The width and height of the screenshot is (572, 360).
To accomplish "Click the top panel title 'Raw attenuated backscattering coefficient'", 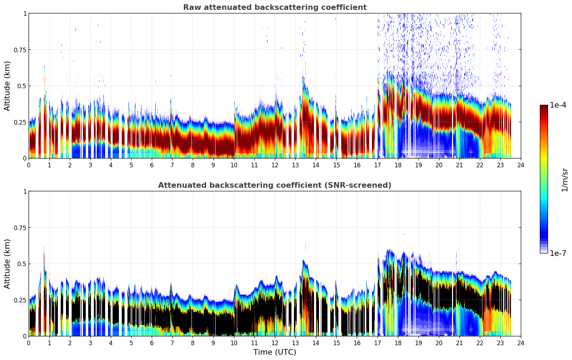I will (275, 7).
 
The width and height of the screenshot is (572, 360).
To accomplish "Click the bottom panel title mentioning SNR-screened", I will (275, 185).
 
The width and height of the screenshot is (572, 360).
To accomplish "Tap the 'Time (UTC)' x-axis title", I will (275, 352).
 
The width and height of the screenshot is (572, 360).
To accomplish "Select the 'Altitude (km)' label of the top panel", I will (7, 86).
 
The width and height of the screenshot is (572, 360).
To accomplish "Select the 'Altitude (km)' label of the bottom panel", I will (7, 264).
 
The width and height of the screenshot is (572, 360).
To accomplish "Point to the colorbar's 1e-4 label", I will (558, 105).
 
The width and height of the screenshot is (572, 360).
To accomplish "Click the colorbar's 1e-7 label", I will (558, 253).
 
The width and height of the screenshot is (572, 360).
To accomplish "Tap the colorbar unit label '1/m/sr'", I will (565, 180).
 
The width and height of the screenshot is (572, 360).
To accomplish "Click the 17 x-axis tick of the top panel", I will (378, 165).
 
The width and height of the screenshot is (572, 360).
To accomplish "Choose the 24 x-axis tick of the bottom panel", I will (521, 343).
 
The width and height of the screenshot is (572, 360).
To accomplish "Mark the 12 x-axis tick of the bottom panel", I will (275, 343).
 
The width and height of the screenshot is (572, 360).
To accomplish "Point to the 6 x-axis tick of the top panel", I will (152, 165).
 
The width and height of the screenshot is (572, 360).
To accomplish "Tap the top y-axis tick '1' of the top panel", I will (25, 13).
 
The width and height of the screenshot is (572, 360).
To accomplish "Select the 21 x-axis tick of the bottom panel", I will (459, 343).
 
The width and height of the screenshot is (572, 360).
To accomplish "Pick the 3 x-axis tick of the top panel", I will (90, 165).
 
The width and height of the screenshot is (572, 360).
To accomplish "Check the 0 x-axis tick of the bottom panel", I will (29, 343).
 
